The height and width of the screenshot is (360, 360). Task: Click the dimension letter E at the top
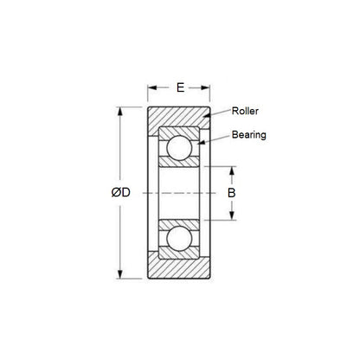[179, 87]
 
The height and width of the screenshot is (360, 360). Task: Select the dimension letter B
[231, 193]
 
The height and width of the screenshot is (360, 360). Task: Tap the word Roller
[246, 111]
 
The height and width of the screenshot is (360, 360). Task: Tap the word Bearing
[248, 135]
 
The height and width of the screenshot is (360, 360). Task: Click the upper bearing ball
[179, 149]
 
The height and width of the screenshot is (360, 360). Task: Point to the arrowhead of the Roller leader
[205, 119]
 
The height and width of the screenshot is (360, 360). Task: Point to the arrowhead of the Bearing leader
[202, 142]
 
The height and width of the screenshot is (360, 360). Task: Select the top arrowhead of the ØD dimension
[119, 108]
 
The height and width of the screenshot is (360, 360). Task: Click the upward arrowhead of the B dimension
[231, 167]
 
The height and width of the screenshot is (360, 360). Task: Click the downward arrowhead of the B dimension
[231, 219]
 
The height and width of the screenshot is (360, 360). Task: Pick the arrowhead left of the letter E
[151, 88]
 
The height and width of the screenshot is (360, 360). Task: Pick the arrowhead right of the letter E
[208, 88]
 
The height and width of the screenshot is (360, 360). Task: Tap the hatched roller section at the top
[179, 117]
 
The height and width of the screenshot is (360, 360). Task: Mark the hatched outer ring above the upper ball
[179, 132]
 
